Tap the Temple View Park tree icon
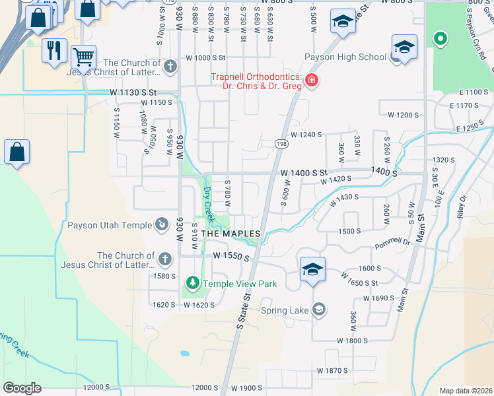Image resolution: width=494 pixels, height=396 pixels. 193,284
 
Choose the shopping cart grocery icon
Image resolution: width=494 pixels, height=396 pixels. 83,57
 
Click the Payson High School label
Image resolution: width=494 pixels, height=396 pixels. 345,57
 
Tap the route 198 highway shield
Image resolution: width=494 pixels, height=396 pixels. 281,143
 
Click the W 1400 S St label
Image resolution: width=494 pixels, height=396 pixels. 304,172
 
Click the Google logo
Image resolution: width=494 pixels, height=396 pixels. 22,388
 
